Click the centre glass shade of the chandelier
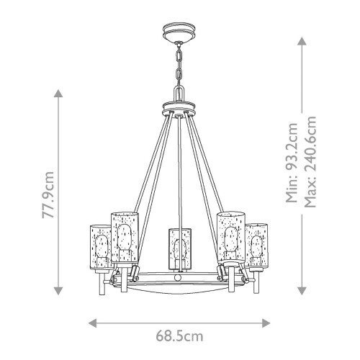[x=179, y=248]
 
